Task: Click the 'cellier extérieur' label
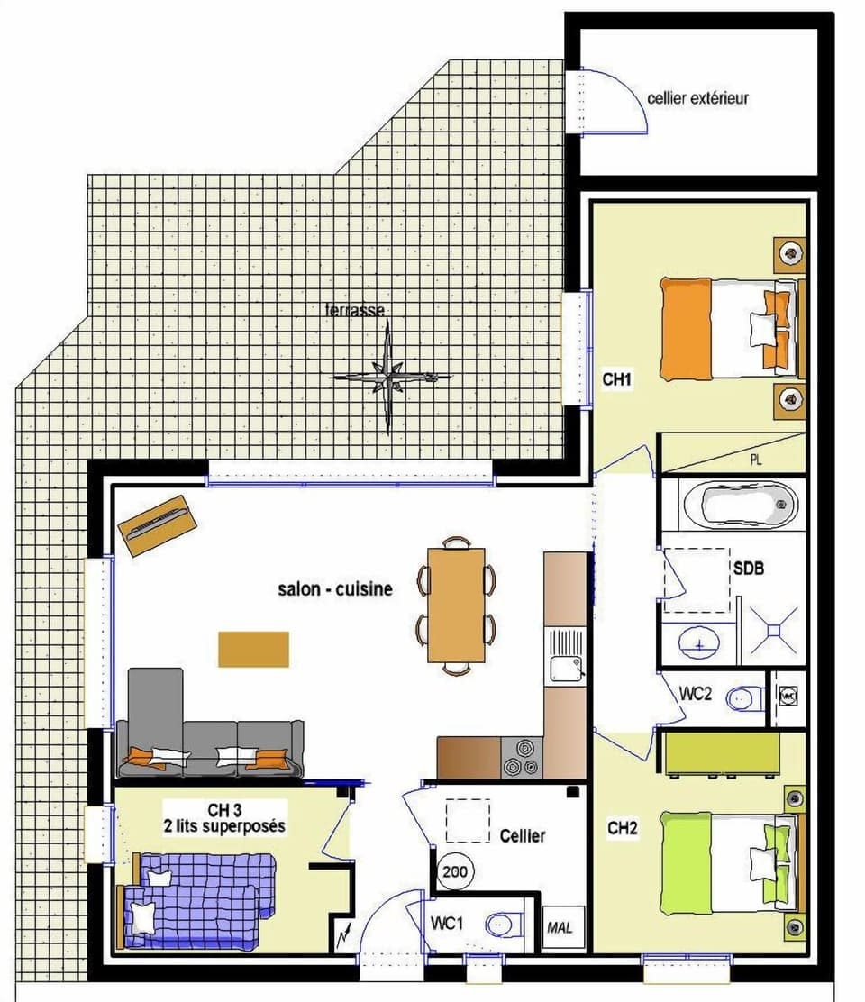697,97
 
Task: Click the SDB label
751,569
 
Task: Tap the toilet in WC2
744,697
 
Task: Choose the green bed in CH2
724,861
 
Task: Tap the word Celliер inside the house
523,836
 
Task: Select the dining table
456,605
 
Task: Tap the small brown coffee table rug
253,649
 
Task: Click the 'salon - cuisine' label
335,589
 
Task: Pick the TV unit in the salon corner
157,524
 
